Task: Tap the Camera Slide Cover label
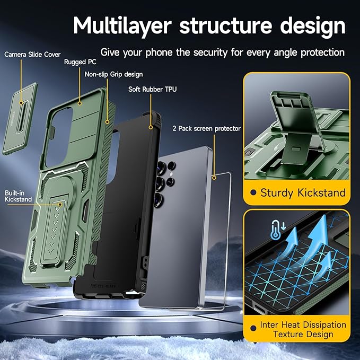[x=33, y=54]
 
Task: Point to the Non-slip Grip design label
[x=113, y=74]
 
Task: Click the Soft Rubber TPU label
[x=153, y=89]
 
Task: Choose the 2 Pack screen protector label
[x=206, y=128]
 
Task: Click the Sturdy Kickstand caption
[x=303, y=192]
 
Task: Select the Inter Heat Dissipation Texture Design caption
[x=303, y=329]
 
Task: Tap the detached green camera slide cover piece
[x=20, y=118]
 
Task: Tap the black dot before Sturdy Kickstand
[x=252, y=193]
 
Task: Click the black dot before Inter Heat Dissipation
[x=252, y=324]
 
